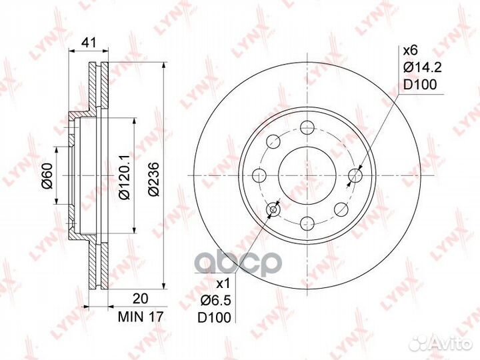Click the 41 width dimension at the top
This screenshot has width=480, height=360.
[x=89, y=43]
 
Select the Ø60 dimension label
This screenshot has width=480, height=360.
[x=48, y=176]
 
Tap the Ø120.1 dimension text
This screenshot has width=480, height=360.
[x=125, y=177]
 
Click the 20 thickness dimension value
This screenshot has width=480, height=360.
[x=141, y=299]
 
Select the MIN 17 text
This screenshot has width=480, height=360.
[x=141, y=317]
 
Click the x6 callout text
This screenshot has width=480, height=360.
[x=410, y=51]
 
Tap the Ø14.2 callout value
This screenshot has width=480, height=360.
[x=422, y=67]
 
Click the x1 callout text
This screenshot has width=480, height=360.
[x=223, y=284]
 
